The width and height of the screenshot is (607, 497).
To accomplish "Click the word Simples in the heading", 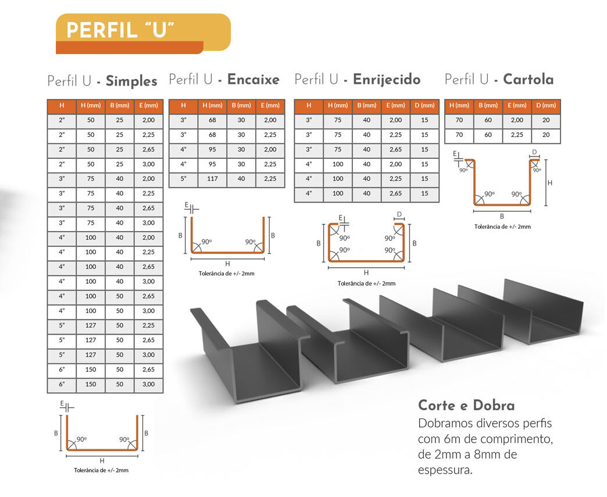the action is point(131,80).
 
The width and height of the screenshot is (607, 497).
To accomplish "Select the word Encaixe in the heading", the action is point(253,79).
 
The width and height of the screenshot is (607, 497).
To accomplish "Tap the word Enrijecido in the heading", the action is point(386,79).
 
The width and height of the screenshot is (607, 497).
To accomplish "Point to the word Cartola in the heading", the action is point(528,79).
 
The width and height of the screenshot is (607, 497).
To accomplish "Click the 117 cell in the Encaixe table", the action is point(212,179).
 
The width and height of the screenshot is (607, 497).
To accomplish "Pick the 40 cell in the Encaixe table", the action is point(241,179).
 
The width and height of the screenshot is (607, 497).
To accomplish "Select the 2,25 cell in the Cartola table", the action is point(517,135).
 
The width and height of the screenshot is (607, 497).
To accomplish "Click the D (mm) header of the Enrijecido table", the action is point(424,105).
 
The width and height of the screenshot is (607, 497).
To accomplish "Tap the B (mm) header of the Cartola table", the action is point(488,105).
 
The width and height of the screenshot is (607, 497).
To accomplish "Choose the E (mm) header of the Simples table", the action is point(149,105).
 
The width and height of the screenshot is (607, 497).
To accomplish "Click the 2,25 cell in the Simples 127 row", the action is point(149,325).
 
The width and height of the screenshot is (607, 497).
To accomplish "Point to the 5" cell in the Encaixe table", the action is point(183,179).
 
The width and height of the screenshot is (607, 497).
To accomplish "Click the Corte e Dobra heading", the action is point(466,405).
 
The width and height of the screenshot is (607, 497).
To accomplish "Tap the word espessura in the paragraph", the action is point(445,470).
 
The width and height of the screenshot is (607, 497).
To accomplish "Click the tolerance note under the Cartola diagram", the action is point(502,226).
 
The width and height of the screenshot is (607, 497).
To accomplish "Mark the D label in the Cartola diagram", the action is point(534,152).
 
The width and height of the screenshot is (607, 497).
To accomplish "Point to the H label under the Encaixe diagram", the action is point(228,264).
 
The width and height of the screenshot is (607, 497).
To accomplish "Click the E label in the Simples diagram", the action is point(62,404).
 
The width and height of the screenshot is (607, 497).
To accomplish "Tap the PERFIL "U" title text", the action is point(120,30).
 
